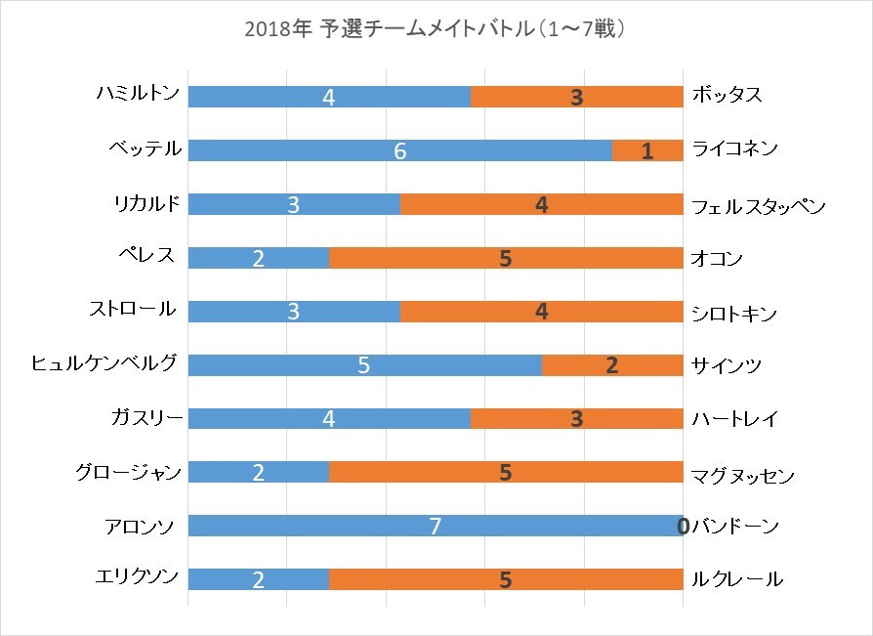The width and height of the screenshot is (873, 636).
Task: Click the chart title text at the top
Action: [x=436, y=29]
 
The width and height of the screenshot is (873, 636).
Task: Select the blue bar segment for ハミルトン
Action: [x=329, y=97]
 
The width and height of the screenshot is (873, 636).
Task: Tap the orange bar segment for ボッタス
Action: [x=577, y=97]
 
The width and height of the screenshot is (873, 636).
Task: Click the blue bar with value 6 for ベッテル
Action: [x=399, y=150]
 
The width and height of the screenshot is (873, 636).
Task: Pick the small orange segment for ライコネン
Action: [x=647, y=150]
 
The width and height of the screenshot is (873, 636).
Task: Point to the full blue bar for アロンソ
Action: [x=435, y=527]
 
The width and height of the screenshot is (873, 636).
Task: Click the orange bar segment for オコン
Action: [x=506, y=258]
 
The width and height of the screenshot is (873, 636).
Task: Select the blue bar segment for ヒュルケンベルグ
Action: [x=364, y=365]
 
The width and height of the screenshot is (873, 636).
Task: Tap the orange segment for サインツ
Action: [x=612, y=365]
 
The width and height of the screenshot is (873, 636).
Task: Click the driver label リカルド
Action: [x=146, y=203]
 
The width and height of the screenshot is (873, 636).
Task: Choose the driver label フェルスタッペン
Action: [x=759, y=207]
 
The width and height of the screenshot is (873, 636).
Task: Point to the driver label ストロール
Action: [x=132, y=310]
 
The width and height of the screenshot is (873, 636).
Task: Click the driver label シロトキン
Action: [x=733, y=314]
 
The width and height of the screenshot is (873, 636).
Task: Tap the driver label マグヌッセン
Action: [x=742, y=476]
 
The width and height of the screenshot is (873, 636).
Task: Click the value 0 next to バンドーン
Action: [x=683, y=527]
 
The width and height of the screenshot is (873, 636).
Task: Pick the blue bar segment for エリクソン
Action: [x=259, y=580]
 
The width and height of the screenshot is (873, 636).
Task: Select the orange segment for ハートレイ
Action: [x=577, y=419]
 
